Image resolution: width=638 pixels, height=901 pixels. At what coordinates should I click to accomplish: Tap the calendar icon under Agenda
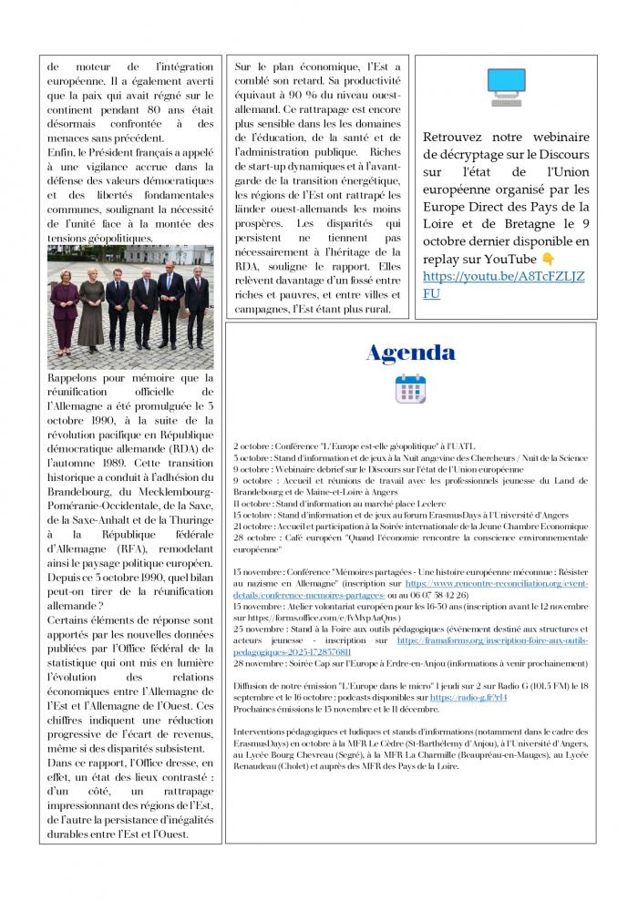410,388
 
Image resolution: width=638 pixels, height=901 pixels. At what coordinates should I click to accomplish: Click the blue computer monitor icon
506,87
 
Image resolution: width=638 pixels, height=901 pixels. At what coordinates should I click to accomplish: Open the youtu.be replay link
504,284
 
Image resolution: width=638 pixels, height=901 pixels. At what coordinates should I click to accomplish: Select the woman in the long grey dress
92,310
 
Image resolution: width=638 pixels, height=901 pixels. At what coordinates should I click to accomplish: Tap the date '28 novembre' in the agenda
257,663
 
